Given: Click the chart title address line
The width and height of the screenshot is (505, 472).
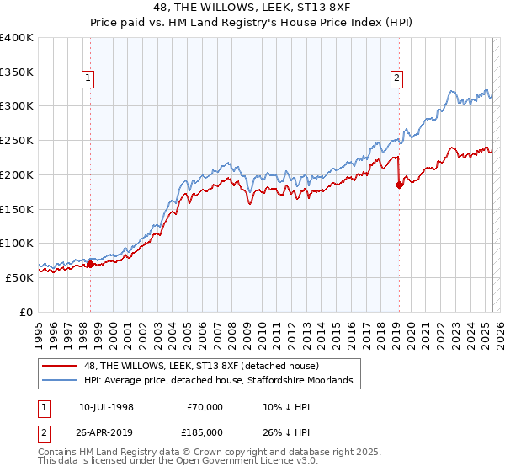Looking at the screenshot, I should pyautogui.click(x=252, y=7).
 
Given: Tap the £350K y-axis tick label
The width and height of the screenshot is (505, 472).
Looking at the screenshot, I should pyautogui.click(x=17, y=72).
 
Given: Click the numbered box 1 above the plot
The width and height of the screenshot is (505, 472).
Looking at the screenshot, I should pyautogui.click(x=88, y=78).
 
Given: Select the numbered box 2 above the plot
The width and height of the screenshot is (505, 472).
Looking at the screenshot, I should pyautogui.click(x=396, y=78).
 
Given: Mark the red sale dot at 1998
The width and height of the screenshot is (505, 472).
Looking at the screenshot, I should pyautogui.click(x=91, y=264).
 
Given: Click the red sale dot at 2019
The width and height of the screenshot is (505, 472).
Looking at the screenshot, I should pyautogui.click(x=399, y=185).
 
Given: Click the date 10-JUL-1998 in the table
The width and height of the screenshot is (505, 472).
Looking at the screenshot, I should pyautogui.click(x=105, y=407).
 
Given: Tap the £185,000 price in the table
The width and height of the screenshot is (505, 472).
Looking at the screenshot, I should pyautogui.click(x=204, y=431).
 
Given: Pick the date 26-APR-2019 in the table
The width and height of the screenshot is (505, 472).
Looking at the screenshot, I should pyautogui.click(x=106, y=431).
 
